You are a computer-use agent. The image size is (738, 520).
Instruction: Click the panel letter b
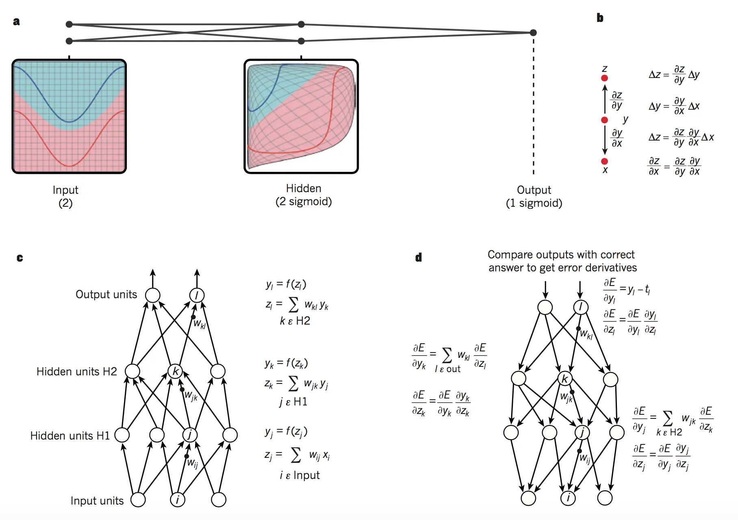(600, 17)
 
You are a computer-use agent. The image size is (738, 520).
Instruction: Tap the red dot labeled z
(604, 78)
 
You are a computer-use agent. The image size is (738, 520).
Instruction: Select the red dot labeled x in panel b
(604, 161)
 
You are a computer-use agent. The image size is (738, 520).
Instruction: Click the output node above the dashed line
(533, 32)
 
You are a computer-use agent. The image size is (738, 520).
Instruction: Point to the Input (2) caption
(65, 196)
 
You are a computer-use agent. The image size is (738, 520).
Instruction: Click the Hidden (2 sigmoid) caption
(304, 195)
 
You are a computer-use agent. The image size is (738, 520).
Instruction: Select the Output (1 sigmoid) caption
(534, 196)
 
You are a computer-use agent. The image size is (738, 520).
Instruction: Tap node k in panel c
(175, 371)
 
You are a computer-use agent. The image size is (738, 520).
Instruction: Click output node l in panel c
(197, 295)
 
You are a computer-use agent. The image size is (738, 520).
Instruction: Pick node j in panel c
(190, 435)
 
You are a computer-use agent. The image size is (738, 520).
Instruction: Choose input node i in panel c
(178, 500)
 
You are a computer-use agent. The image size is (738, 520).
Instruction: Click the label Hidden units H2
(76, 371)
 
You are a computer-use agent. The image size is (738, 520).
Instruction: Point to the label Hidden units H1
(70, 435)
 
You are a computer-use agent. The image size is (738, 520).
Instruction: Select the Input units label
(97, 500)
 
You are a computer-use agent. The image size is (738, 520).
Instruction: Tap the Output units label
(106, 294)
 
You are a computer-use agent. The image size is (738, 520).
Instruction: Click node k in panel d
(565, 379)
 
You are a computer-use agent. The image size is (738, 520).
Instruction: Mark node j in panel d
(582, 432)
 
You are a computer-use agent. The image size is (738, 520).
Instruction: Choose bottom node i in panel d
(568, 498)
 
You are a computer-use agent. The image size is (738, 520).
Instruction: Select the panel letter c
(20, 258)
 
